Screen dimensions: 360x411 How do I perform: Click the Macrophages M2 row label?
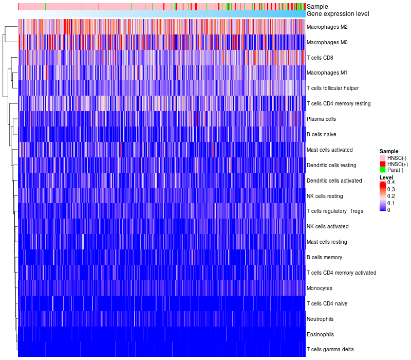[x=327, y=27]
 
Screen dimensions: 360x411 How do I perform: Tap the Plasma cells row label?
[x=321, y=119]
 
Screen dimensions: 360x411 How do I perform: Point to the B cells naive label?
[x=321, y=134]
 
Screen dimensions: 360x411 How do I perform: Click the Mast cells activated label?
[x=329, y=150]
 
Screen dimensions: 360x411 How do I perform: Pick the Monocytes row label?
[x=319, y=288]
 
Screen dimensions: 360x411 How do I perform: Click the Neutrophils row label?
[x=320, y=319]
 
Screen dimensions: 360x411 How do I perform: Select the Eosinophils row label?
[x=320, y=334]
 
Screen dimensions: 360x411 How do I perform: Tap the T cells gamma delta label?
[x=330, y=350]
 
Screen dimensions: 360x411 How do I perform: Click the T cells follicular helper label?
[x=333, y=88]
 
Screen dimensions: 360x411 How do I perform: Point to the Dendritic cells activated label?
[x=334, y=181]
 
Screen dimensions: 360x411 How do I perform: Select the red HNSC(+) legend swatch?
[x=383, y=164]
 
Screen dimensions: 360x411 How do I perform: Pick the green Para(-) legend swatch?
[x=383, y=170]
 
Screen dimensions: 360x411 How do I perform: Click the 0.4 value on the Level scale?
[x=391, y=183]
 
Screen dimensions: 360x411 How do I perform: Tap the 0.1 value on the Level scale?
[x=391, y=203]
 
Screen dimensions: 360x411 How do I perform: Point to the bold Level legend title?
[x=386, y=177]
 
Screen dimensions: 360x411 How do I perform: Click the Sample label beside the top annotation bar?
[x=317, y=7]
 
